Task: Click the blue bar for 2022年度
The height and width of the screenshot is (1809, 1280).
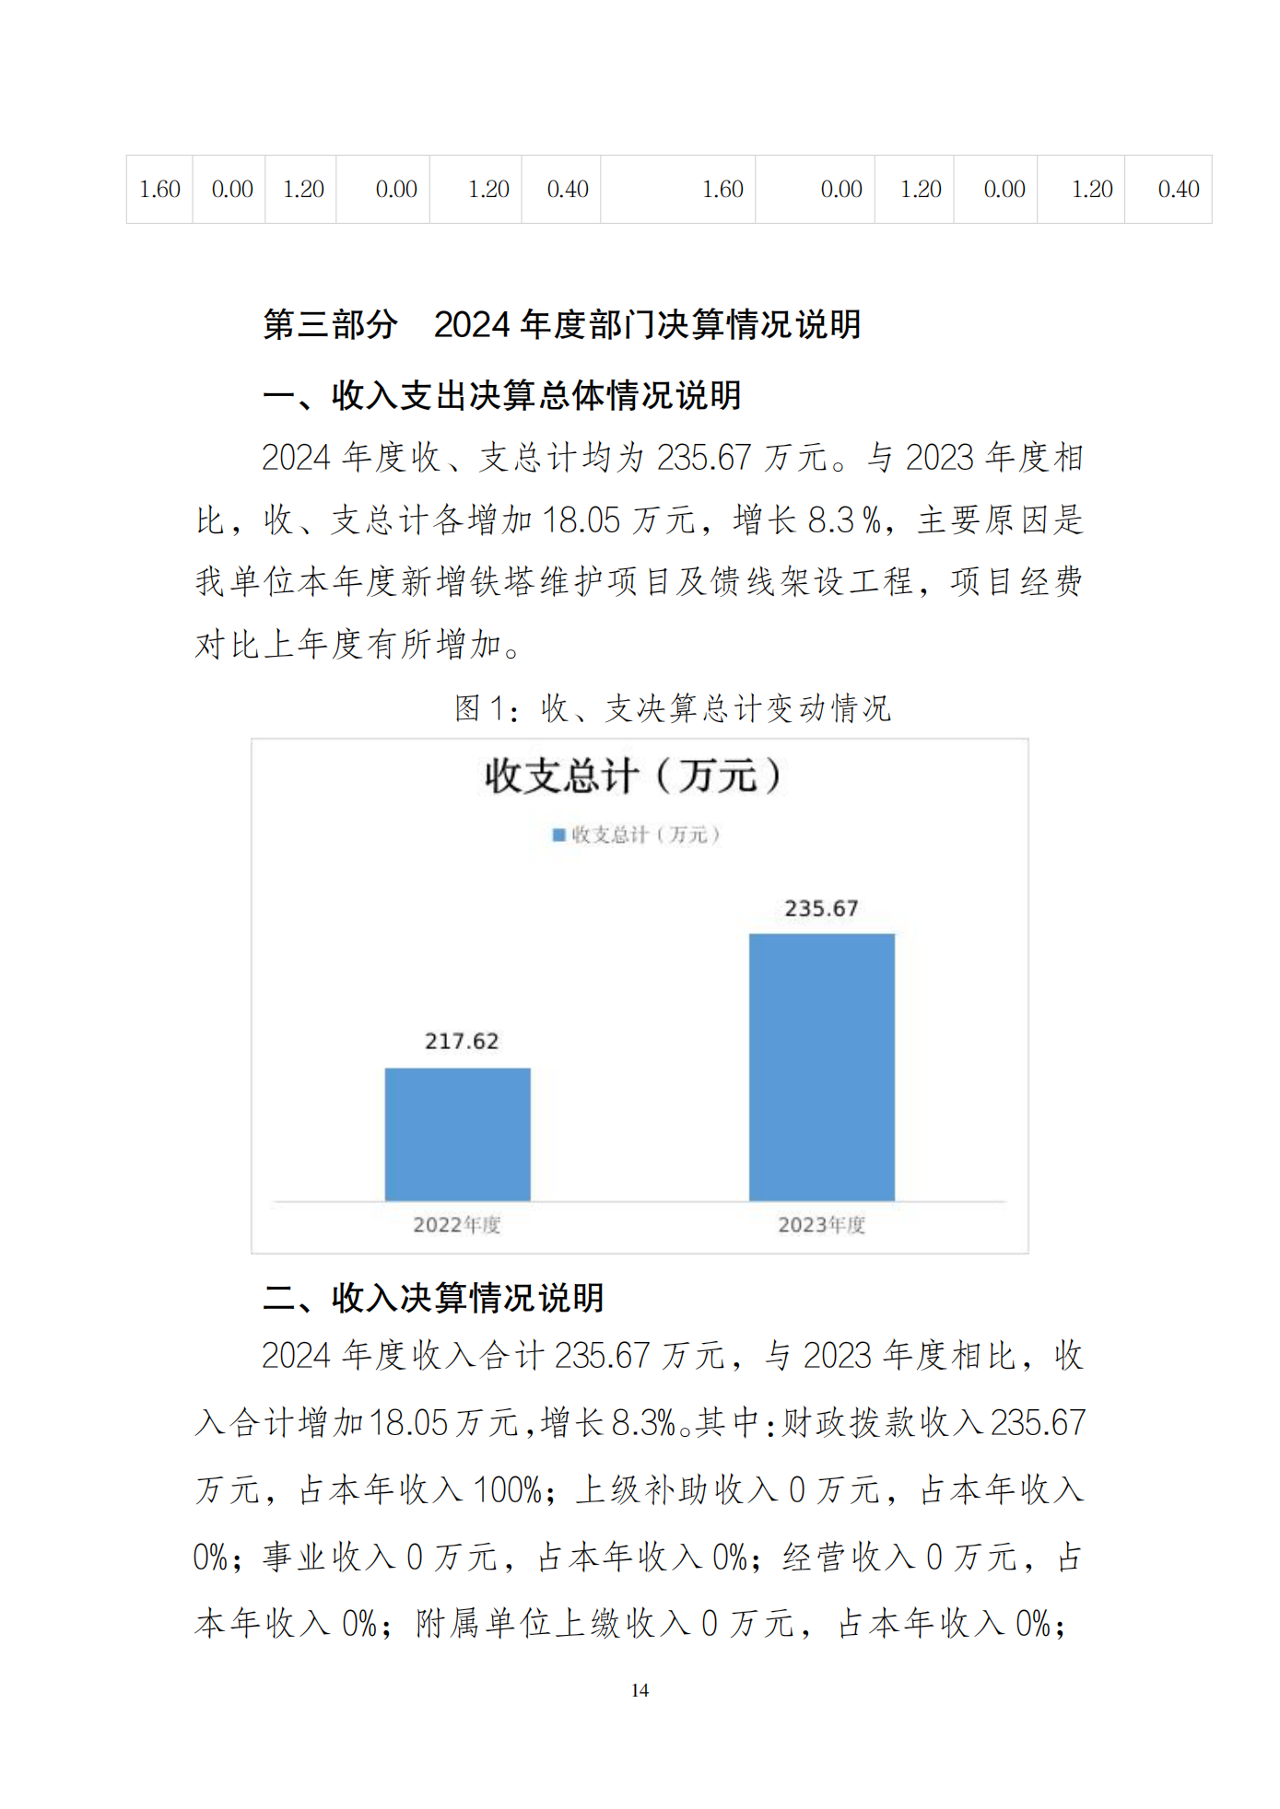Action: (x=457, y=1134)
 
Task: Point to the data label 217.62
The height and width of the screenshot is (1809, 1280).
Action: (x=461, y=1041)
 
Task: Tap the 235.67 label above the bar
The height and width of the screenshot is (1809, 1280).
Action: (x=821, y=908)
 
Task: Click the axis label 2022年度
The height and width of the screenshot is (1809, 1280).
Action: (x=456, y=1224)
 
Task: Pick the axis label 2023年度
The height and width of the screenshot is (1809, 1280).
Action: (x=821, y=1224)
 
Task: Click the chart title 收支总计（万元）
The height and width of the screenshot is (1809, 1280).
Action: (x=634, y=776)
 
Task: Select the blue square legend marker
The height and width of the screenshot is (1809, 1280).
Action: (x=558, y=834)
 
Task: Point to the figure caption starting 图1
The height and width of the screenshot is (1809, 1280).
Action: (x=672, y=707)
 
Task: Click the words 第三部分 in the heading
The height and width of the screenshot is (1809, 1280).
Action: (x=330, y=324)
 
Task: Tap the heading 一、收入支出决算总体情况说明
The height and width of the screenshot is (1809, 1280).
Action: (x=502, y=395)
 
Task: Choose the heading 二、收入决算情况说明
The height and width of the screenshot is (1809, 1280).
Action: (x=433, y=1297)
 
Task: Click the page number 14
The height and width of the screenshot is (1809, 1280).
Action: (x=640, y=1690)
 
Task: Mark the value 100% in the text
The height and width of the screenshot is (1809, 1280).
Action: (x=507, y=1489)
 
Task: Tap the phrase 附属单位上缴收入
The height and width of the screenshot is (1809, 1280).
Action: (x=552, y=1623)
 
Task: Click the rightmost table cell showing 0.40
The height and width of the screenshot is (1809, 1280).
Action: (x=1178, y=190)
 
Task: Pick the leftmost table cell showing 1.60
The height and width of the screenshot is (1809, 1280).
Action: (x=159, y=190)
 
